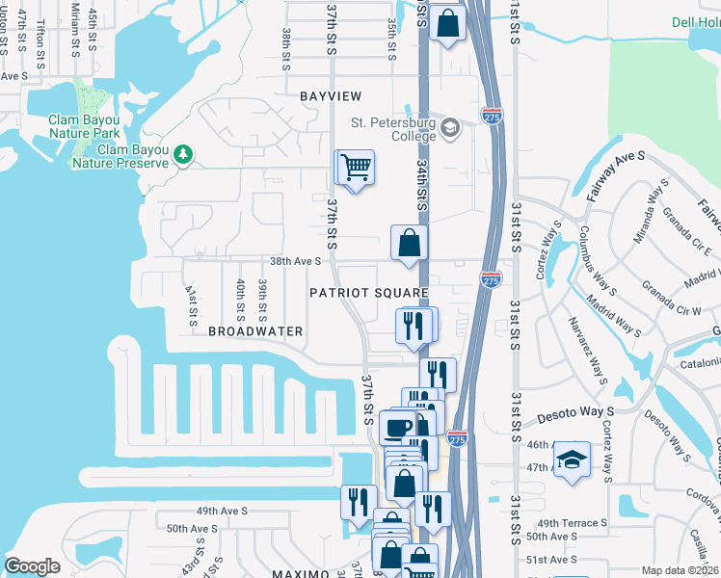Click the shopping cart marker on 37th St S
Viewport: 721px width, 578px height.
pos(354,169)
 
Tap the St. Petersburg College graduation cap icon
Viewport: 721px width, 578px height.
pos(450,127)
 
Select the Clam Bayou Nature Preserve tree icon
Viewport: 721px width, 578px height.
pos(183,152)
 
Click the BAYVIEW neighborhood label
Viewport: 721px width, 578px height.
pos(331,96)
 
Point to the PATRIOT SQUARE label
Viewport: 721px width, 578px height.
pos(367,292)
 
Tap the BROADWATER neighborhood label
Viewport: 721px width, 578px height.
pos(255,330)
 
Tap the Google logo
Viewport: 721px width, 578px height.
pos(33,566)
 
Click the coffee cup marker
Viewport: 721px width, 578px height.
pos(397,426)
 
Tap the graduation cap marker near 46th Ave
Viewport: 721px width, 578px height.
pos(572,459)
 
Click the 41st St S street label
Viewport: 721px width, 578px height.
pos(191,303)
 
